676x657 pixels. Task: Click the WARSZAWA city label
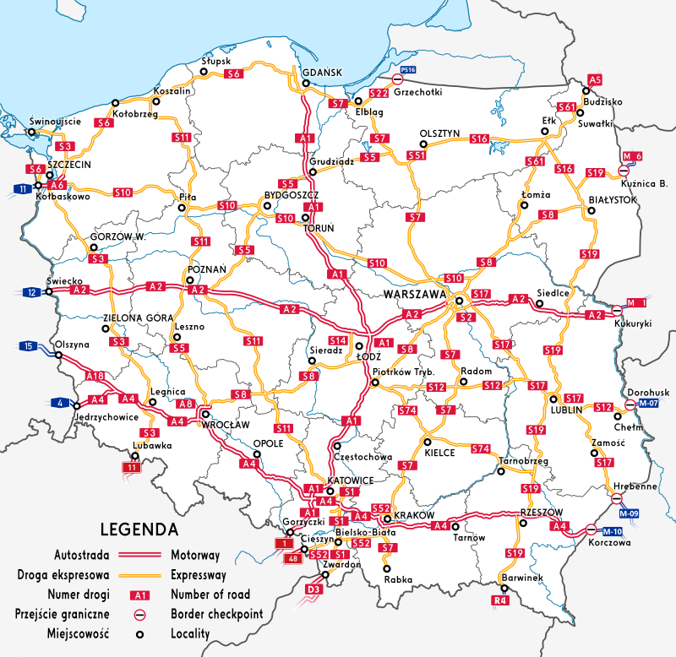[x=414, y=295]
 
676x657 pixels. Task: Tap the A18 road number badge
[x=95, y=376]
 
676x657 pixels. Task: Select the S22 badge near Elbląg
[x=379, y=92]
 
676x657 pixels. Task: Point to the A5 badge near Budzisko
[x=595, y=79]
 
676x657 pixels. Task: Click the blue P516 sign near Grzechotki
[x=408, y=70]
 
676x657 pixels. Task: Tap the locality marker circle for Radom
[x=463, y=382]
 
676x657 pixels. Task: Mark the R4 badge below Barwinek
[x=501, y=600]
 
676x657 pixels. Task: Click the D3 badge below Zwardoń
[x=313, y=588]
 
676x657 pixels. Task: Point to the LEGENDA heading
[x=139, y=530]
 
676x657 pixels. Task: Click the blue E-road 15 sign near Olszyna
[x=29, y=346]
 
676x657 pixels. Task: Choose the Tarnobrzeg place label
[x=524, y=461]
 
